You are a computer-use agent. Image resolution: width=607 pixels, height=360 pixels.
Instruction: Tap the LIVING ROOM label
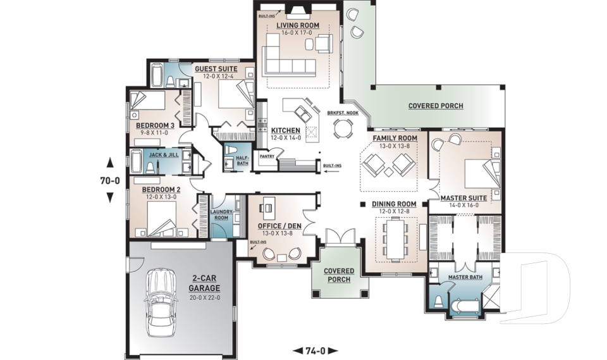pos(298,25)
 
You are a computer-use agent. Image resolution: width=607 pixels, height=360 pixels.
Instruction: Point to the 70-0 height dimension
pos(110,180)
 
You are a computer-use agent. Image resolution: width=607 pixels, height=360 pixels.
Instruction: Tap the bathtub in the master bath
pos(464,307)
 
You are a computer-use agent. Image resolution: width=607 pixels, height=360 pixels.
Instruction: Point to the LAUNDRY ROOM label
pos(221,214)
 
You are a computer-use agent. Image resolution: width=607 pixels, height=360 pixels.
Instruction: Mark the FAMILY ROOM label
pos(395,138)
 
